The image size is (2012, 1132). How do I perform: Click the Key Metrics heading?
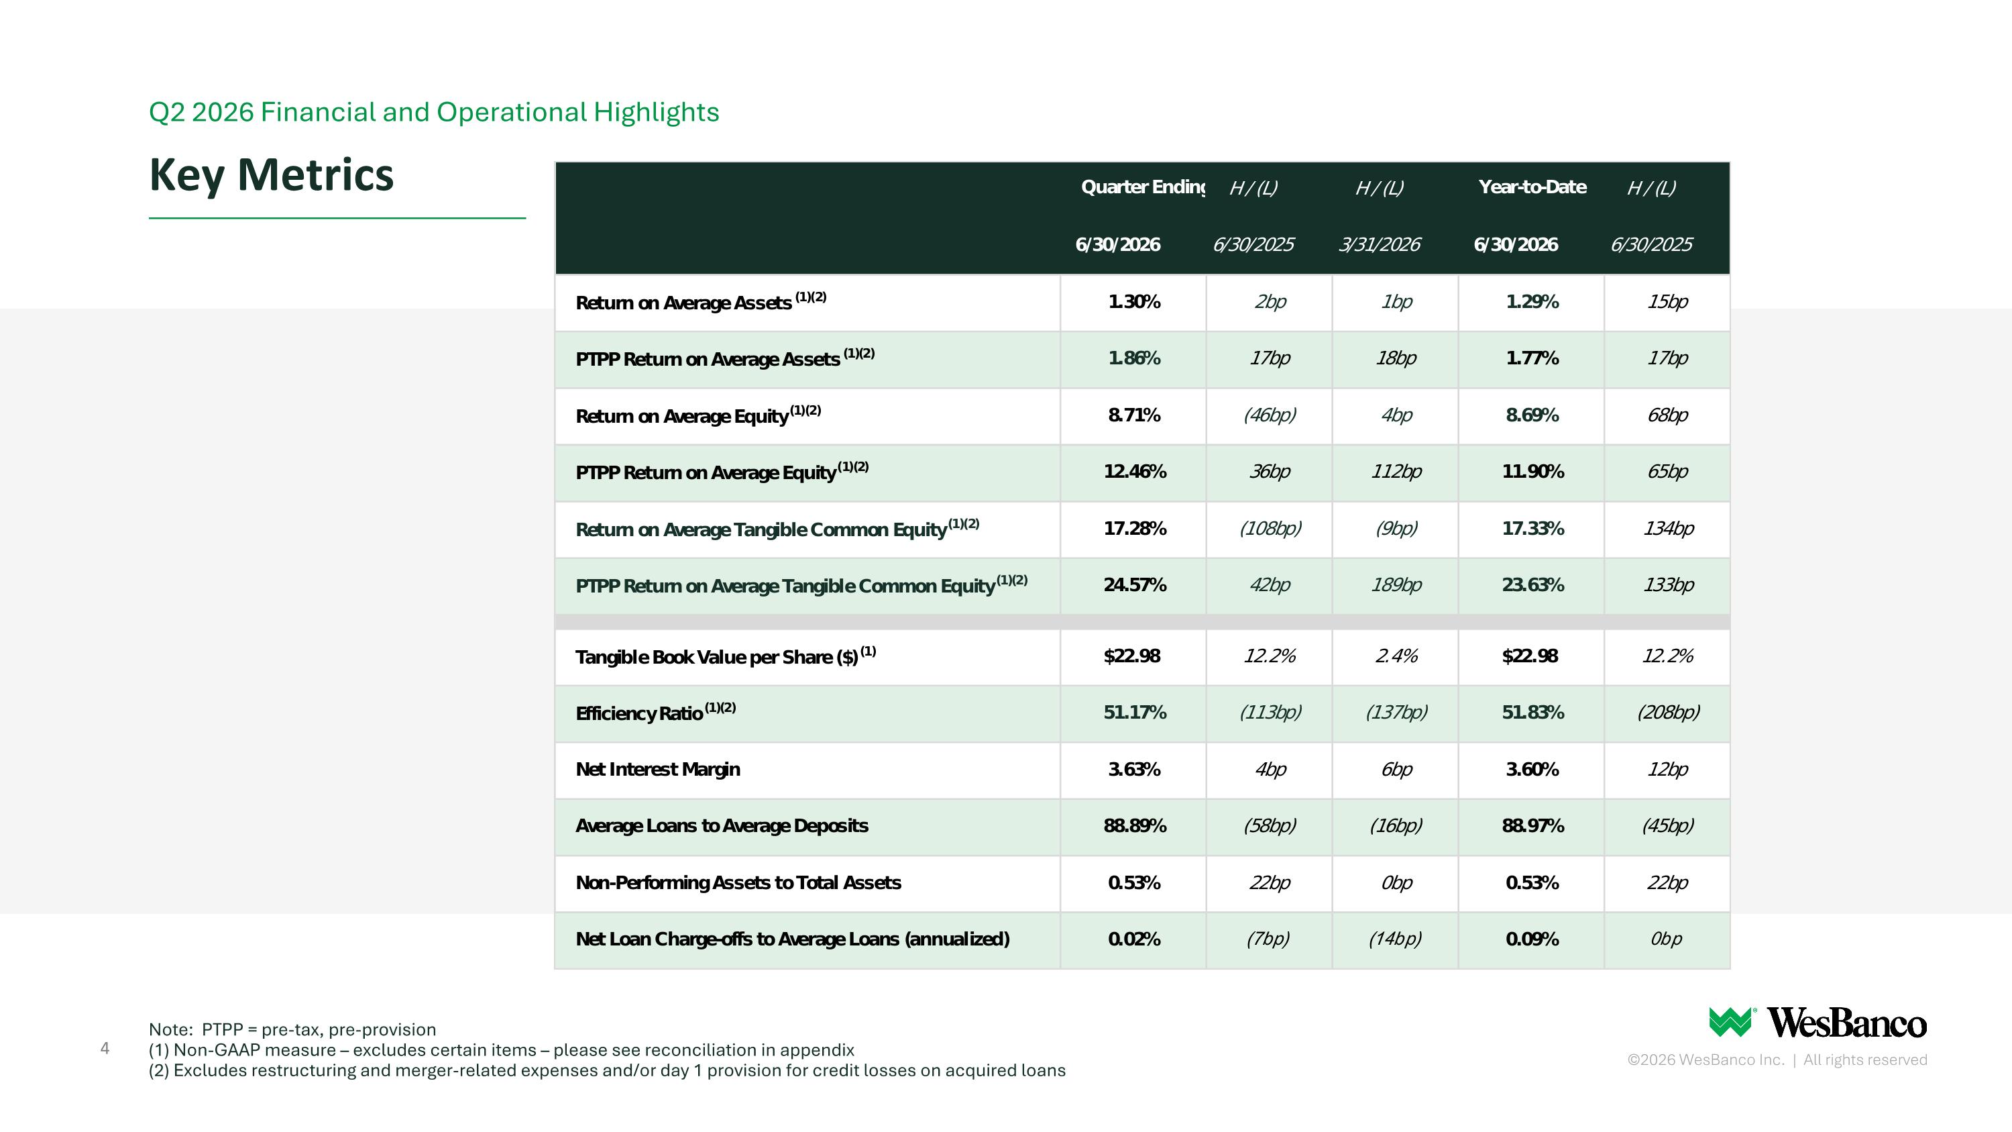tap(271, 174)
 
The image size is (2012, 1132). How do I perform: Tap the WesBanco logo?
tap(1818, 1023)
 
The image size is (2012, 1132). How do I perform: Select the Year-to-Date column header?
tap(1532, 187)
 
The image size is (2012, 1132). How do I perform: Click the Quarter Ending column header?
tap(1143, 187)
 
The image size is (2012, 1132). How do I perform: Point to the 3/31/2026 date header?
tap(1380, 244)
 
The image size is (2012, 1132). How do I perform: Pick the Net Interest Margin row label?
tap(658, 770)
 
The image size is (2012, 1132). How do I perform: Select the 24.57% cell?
tap(1134, 585)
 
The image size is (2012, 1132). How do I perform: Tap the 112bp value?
tap(1396, 472)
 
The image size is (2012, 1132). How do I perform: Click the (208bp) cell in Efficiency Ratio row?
tap(1667, 713)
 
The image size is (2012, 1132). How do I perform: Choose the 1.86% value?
tap(1134, 358)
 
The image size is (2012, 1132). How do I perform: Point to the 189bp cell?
tap(1396, 585)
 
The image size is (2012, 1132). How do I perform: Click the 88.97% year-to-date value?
tap(1532, 826)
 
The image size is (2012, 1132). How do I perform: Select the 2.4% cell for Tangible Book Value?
tap(1396, 656)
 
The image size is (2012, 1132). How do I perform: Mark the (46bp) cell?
tap(1269, 415)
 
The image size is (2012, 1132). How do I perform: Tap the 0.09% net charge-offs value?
tap(1532, 939)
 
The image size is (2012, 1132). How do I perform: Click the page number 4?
tap(105, 1048)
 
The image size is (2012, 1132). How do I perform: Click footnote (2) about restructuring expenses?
tap(607, 1070)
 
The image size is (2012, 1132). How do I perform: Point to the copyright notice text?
tap(1777, 1060)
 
